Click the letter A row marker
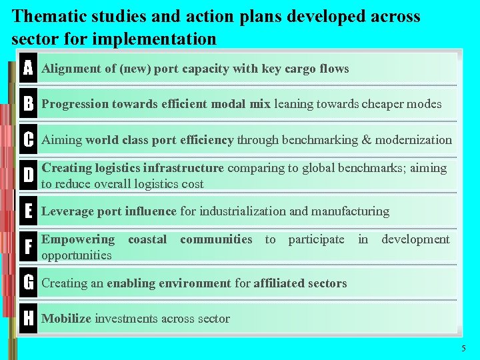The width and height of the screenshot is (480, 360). coord(28,69)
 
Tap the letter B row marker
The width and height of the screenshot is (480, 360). coord(28,104)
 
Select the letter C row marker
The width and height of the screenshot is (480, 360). coord(28,140)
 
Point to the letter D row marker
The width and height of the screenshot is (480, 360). coord(28,175)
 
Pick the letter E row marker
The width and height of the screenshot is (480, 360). coord(28,211)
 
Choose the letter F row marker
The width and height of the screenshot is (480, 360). coord(28,247)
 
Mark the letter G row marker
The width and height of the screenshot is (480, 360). coord(28,283)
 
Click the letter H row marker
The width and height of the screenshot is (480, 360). coord(28,319)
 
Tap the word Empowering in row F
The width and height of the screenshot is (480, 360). coord(78,239)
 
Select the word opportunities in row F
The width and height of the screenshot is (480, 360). coord(76,255)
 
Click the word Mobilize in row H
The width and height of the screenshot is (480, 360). coord(67,319)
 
